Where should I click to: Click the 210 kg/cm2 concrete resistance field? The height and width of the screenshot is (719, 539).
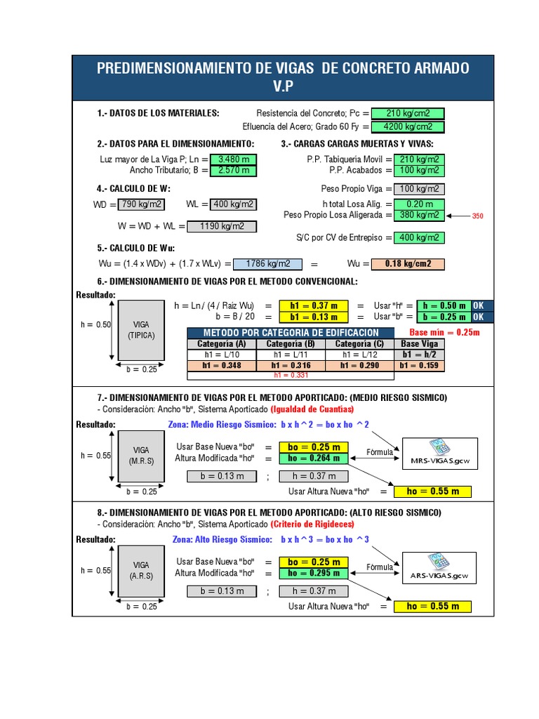408,113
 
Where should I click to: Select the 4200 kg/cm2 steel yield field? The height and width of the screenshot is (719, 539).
408,126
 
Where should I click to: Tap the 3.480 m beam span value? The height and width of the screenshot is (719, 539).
233,159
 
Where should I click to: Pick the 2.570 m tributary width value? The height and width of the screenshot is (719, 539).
233,171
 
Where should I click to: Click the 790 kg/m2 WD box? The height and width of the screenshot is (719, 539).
141,204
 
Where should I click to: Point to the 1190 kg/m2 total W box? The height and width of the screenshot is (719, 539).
222,226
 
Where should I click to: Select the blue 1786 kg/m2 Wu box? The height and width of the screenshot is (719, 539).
267,264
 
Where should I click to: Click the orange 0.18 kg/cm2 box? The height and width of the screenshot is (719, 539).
408,264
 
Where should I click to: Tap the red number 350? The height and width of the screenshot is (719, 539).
477,216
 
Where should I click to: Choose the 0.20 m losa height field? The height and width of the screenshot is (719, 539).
419,204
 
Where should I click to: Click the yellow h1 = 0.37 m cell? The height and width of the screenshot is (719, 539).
314,305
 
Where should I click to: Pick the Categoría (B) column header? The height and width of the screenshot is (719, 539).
291,344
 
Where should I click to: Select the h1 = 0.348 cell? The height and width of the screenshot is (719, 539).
222,365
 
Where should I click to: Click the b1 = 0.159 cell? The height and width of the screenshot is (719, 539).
419,365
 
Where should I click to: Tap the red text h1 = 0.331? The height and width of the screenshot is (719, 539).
291,375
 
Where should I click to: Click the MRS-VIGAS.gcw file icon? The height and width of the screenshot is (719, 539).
440,454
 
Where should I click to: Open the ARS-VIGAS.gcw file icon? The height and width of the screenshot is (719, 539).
439,568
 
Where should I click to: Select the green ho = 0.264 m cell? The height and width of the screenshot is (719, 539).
314,458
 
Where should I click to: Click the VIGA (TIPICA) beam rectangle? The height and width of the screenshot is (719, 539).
141,330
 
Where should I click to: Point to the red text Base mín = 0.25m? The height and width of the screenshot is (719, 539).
444,332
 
